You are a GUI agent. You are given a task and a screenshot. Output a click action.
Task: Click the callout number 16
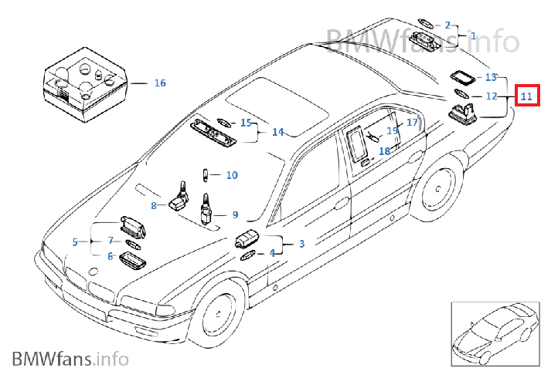click(x=160, y=83)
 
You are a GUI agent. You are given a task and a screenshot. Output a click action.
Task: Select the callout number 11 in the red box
click(x=526, y=96)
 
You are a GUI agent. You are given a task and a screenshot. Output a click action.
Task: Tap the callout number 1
click(x=474, y=35)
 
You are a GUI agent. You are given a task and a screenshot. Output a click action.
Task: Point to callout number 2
click(x=447, y=25)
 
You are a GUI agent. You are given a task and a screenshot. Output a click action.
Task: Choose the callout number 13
click(x=491, y=77)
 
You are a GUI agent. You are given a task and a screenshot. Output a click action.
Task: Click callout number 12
click(x=491, y=96)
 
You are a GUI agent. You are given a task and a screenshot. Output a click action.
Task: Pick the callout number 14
click(x=277, y=132)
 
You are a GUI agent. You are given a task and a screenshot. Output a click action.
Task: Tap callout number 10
click(x=232, y=175)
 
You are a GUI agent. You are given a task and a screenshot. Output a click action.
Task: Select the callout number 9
click(x=235, y=215)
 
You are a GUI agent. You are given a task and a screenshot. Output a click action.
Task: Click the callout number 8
click(x=154, y=205)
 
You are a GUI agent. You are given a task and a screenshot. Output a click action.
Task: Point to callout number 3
click(x=301, y=244)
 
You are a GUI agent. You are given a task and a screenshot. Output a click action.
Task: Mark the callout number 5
click(x=75, y=242)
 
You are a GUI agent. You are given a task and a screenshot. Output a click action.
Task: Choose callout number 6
click(x=111, y=256)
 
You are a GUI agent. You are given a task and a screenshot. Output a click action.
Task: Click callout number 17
click(x=412, y=122)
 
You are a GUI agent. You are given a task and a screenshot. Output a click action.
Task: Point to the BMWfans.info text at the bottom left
click(x=70, y=358)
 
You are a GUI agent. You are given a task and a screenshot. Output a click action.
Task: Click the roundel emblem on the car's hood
click(x=94, y=272)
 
